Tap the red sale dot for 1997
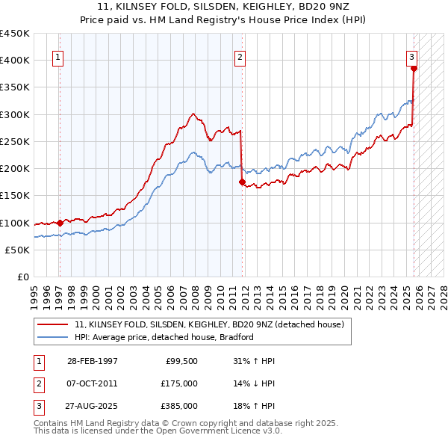point(60,222)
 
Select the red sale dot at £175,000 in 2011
point(242,181)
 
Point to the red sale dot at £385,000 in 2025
point(414,68)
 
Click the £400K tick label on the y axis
point(15,61)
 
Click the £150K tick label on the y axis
point(15,196)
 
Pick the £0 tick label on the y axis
point(22,277)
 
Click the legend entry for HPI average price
point(164,337)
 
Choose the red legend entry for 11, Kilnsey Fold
point(209,324)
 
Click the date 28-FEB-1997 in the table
point(92,361)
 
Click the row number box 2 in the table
point(38,383)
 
